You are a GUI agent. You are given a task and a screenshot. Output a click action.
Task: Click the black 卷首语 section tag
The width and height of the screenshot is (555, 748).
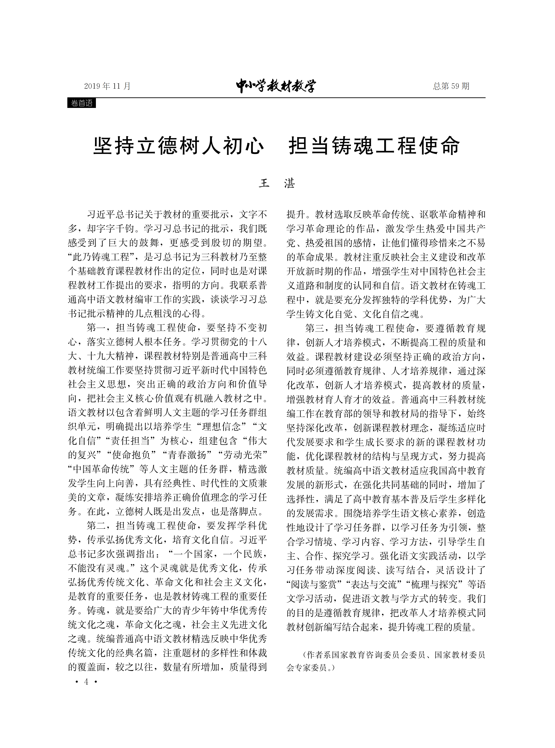[x=82, y=103]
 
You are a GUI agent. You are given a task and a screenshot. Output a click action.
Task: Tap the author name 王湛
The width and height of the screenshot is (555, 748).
[x=277, y=183]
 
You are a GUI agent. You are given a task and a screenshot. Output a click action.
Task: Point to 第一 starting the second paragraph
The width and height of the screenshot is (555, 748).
[x=96, y=328]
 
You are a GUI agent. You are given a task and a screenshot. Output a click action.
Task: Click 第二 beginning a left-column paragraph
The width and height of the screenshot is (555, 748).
[x=96, y=526]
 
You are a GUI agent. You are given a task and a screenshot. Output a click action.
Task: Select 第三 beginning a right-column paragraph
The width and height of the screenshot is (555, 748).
[x=315, y=328]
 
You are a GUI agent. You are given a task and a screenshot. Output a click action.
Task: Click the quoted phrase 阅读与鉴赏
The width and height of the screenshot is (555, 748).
[x=314, y=584]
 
